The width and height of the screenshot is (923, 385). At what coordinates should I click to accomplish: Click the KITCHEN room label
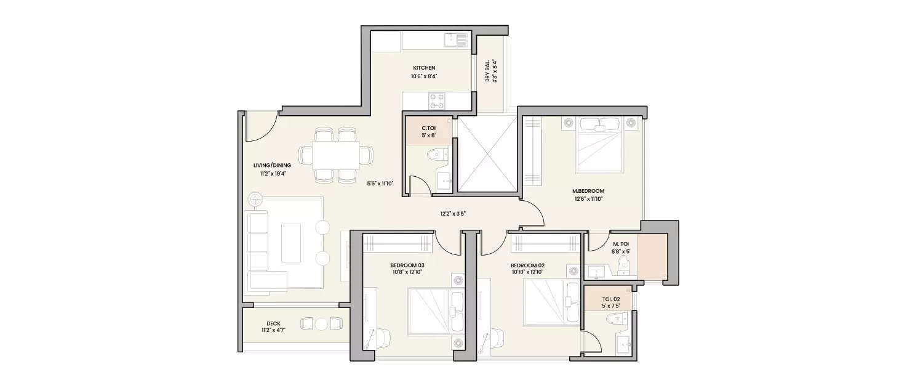(x=424, y=68)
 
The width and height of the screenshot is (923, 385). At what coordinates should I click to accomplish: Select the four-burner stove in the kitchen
(x=438, y=101)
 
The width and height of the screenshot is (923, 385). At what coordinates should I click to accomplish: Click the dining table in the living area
(x=335, y=155)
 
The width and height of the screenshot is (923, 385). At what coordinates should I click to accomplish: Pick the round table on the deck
(x=321, y=323)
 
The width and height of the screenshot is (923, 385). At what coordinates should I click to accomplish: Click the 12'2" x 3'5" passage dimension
(x=452, y=214)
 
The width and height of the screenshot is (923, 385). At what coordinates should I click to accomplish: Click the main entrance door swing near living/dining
(x=262, y=126)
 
